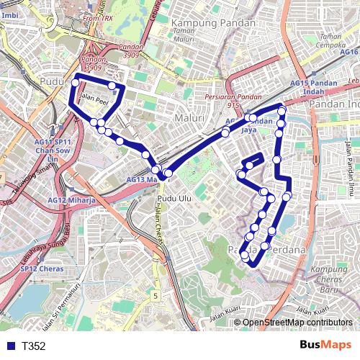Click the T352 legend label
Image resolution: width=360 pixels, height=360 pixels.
tap(34, 346)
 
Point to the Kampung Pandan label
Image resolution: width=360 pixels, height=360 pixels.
tap(213, 23)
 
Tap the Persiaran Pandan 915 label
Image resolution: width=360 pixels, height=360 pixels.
tap(233, 100)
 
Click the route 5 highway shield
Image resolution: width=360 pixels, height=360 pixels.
tap(156, 296)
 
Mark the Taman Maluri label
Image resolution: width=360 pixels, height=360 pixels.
tap(185, 36)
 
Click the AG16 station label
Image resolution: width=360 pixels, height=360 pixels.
tap(349, 52)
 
